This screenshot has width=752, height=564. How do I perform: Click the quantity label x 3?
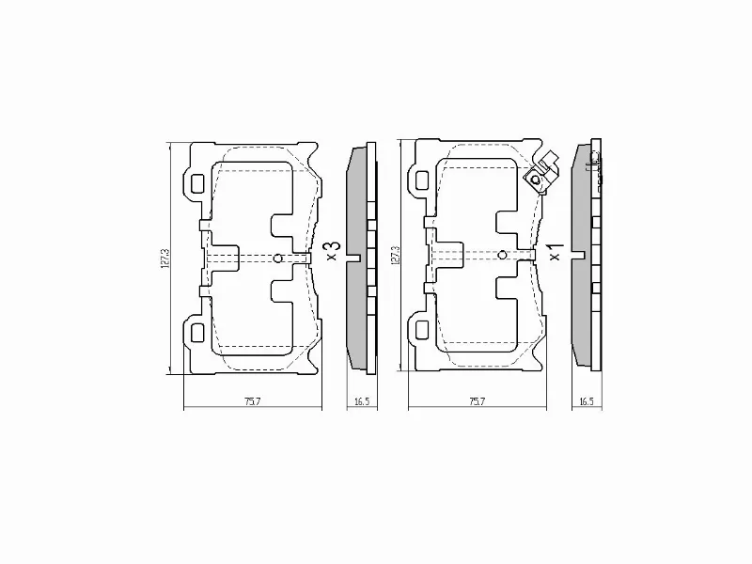[330, 249]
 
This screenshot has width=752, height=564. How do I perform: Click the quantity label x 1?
[556, 250]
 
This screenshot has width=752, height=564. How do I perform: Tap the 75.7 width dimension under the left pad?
[251, 401]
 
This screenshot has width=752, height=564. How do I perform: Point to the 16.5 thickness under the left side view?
[361, 401]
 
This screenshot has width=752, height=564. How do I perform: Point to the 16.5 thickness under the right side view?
[586, 401]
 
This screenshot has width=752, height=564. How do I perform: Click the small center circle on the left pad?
[276, 258]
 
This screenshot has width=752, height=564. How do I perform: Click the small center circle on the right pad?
[502, 254]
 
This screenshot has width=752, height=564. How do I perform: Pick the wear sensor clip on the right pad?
[540, 174]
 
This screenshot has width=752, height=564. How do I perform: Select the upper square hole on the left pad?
[196, 183]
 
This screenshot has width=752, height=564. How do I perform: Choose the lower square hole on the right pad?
[422, 328]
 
